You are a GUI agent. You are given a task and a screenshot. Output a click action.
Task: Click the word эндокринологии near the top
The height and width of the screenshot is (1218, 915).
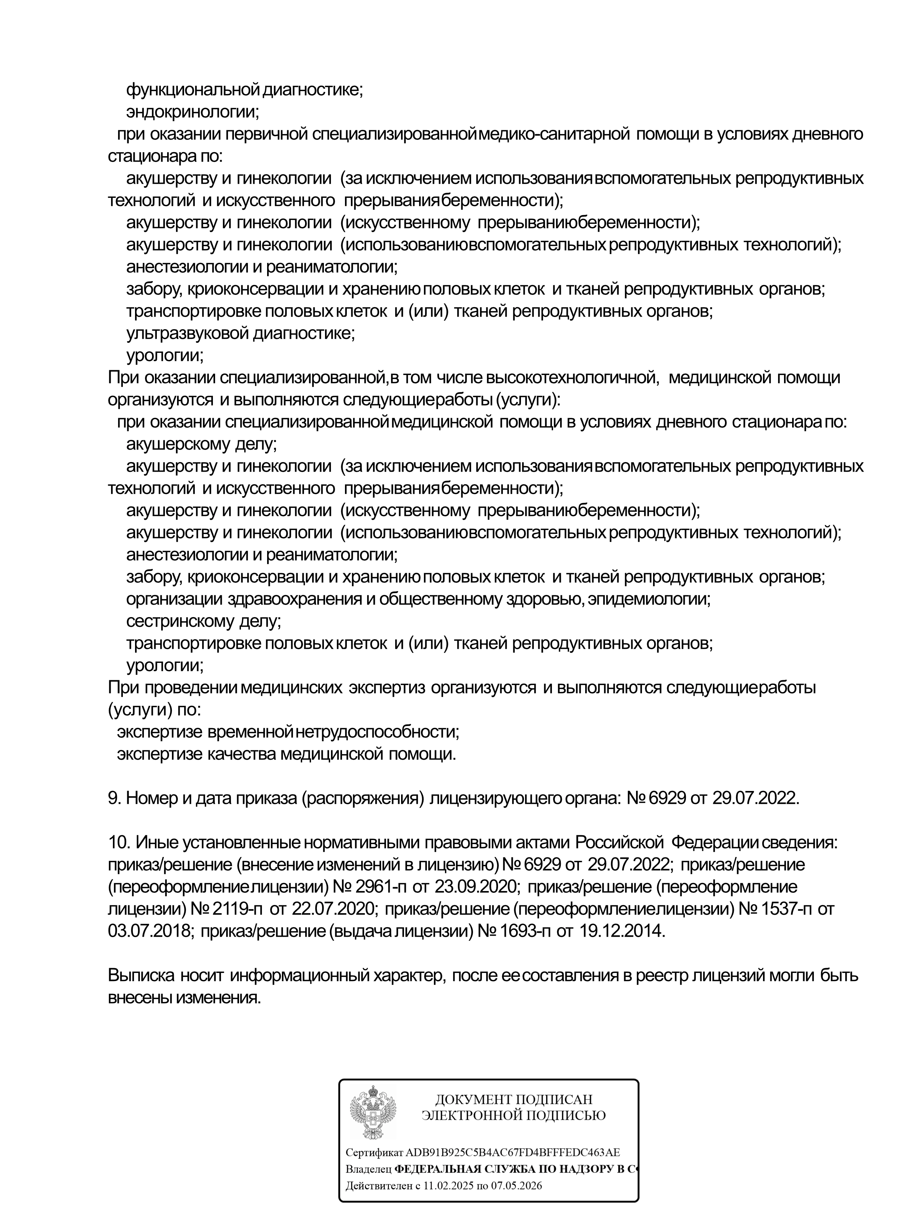(193, 112)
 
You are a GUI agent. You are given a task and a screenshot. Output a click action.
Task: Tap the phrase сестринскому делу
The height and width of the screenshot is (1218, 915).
(204, 621)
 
